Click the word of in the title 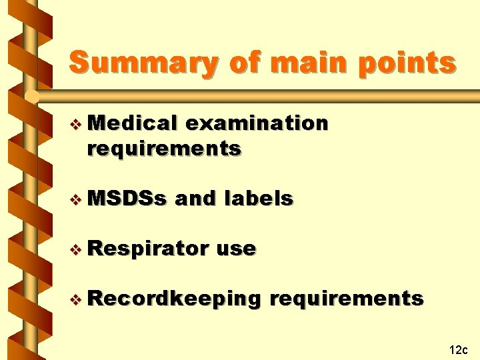(x=244, y=63)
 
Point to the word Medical (x=132, y=123)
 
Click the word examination (x=257, y=123)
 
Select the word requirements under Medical (x=163, y=148)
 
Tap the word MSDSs (x=127, y=198)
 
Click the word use (x=237, y=249)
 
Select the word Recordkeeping (x=173, y=299)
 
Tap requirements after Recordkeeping (x=346, y=299)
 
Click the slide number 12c (x=459, y=349)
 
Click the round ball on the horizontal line (x=31, y=97)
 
